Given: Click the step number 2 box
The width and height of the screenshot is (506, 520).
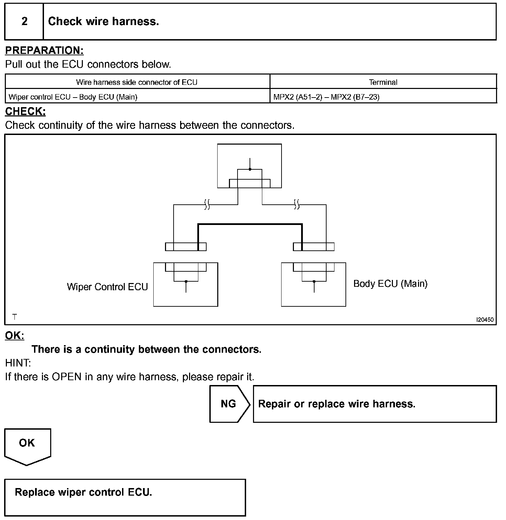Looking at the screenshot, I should (24, 22).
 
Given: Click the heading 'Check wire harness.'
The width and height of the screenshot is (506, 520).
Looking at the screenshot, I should (103, 22).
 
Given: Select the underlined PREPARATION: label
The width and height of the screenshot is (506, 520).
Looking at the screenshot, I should (44, 50).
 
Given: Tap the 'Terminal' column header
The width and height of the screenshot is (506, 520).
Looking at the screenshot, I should (383, 82).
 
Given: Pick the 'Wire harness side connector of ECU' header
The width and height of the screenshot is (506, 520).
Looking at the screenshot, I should (137, 82).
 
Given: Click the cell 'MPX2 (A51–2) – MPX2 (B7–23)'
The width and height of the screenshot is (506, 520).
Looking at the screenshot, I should (326, 97).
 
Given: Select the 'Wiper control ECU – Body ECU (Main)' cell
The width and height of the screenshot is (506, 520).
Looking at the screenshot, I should (73, 97).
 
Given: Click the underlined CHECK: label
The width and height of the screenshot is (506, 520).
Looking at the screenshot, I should (25, 111).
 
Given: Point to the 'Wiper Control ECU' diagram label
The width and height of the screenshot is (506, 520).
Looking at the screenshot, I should (107, 287).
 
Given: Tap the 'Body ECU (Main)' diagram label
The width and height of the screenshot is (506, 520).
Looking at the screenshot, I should (390, 283).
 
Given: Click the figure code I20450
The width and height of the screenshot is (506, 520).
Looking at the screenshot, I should (485, 320).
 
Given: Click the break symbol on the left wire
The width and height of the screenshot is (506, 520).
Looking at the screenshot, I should (207, 205).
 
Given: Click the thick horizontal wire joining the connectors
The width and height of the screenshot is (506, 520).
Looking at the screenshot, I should (250, 224).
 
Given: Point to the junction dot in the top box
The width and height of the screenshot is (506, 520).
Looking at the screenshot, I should (250, 169).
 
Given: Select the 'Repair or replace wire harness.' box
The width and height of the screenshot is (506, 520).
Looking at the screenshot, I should (375, 404).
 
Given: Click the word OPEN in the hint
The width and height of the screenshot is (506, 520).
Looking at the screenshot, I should (66, 377).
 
